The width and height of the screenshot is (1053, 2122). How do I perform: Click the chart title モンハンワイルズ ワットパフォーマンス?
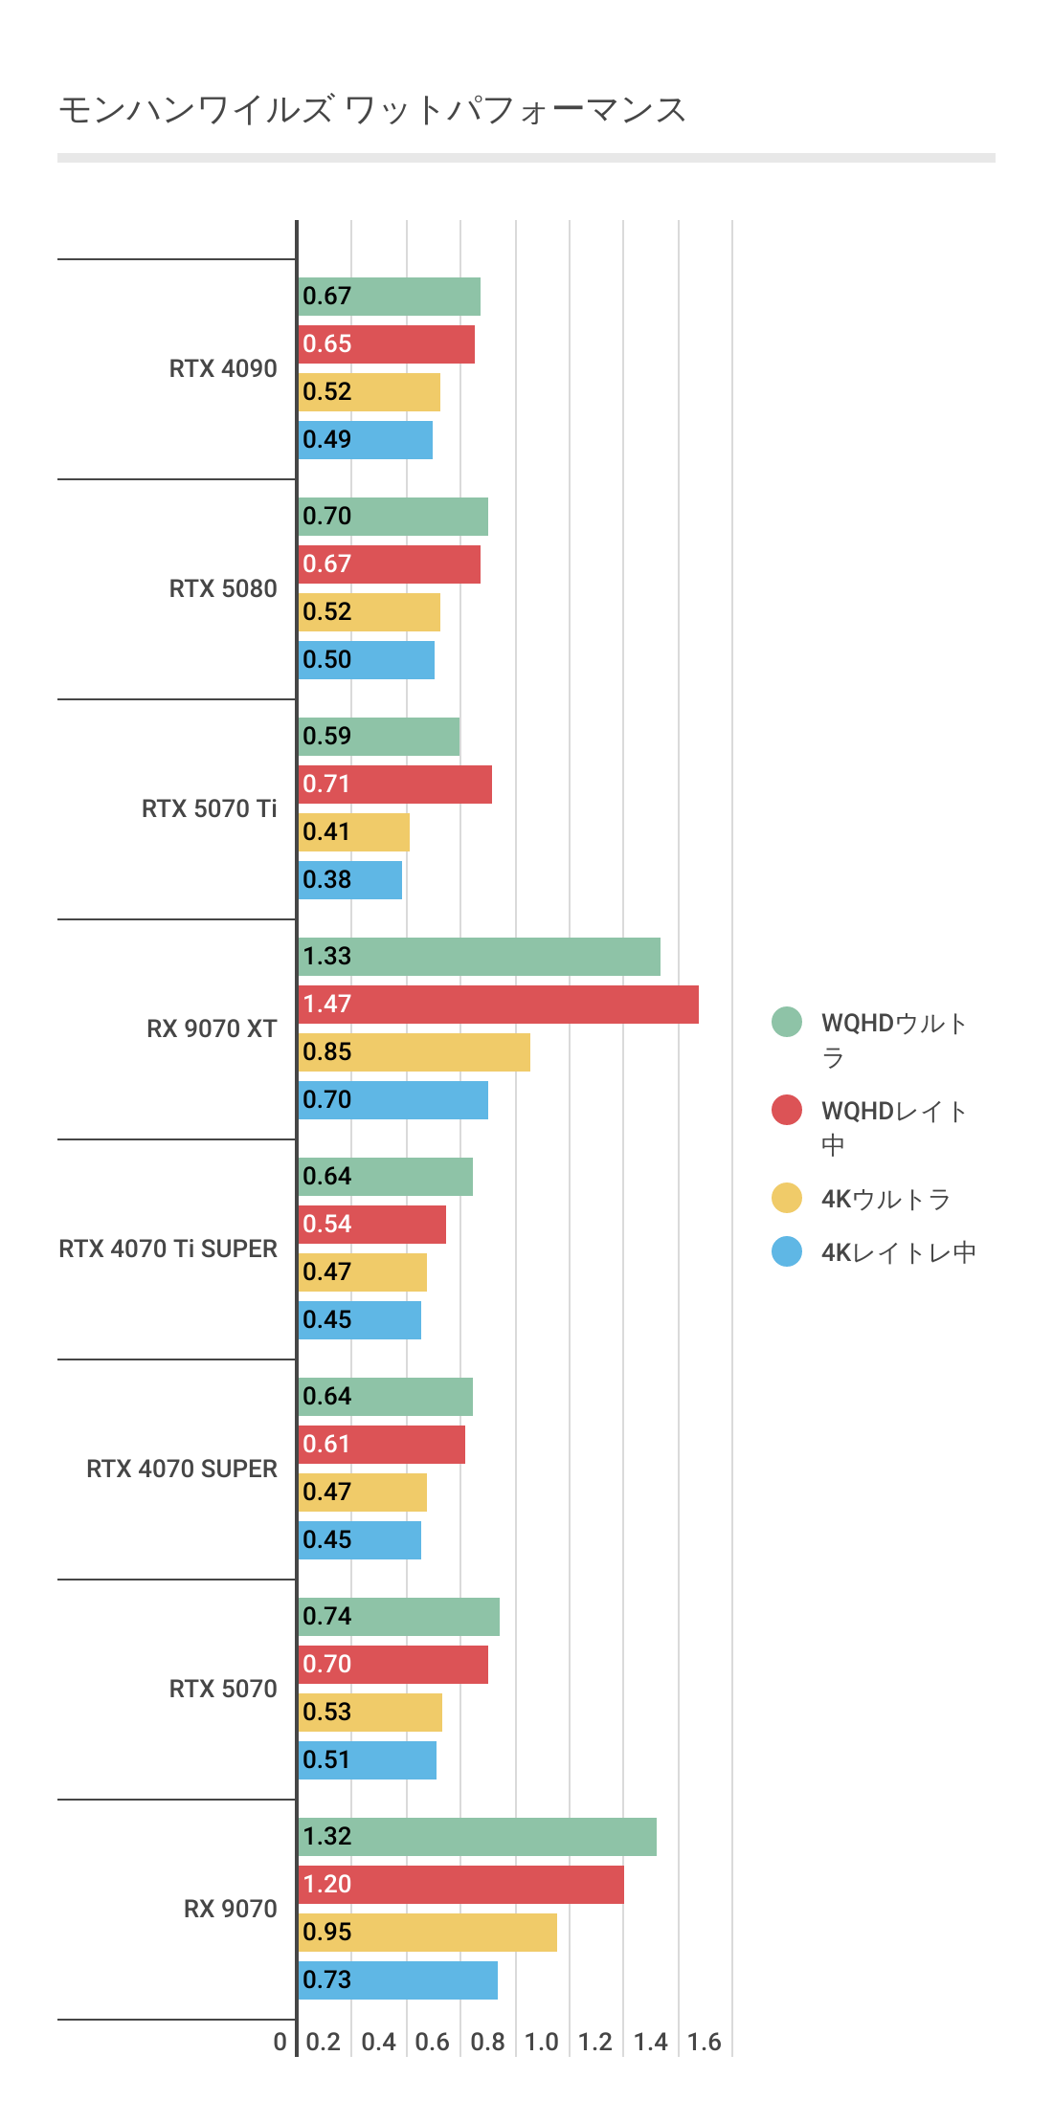[372, 110]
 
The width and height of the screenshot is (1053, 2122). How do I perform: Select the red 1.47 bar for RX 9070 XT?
[498, 1005]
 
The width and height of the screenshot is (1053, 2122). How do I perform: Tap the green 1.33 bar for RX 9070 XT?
[479, 957]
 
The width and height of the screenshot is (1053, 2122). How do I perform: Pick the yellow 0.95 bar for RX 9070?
[427, 1933]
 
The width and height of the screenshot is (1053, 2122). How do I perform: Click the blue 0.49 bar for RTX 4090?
[365, 440]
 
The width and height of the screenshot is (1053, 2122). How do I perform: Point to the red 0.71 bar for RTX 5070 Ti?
[394, 785]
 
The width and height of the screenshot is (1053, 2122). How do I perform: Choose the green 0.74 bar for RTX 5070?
[398, 1617]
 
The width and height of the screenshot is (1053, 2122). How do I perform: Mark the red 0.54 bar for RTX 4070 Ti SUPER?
[371, 1225]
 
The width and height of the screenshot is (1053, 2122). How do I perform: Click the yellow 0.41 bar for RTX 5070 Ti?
[353, 832]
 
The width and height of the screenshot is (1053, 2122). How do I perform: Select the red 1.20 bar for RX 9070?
[460, 1885]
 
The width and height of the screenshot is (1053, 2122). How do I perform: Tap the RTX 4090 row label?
[223, 368]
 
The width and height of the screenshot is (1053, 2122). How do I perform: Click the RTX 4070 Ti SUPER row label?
[168, 1249]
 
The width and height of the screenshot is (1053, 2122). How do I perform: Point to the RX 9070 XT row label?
[212, 1028]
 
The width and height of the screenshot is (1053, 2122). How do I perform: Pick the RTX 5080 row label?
[223, 588]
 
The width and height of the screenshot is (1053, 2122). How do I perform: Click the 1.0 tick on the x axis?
[542, 2042]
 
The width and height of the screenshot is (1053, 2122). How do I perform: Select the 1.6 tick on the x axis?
[705, 2042]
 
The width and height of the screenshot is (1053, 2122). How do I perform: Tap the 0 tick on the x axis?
[280, 2042]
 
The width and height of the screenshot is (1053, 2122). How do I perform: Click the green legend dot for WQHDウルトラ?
[787, 1022]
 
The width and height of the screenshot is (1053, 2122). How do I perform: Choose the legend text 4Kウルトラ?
[885, 1199]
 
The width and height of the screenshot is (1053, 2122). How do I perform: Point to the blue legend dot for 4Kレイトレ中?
[787, 1251]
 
